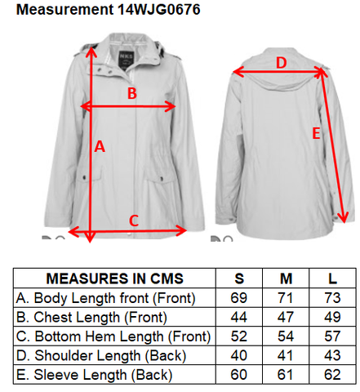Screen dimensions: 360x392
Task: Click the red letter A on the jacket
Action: point(100,146)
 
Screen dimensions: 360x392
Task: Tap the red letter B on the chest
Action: point(132,93)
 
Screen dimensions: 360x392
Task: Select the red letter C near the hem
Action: point(134,220)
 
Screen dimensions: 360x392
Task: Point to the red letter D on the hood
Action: point(282,63)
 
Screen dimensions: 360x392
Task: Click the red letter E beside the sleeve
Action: point(316,134)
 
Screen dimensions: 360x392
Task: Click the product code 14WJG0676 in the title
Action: point(159,9)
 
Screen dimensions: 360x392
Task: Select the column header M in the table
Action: point(286,278)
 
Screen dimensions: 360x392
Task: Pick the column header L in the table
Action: point(332,278)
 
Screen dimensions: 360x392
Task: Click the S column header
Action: point(239,278)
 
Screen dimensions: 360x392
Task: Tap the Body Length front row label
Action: point(105,298)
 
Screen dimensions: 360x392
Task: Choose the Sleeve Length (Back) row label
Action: point(94,375)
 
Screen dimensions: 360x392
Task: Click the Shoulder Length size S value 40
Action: point(239,355)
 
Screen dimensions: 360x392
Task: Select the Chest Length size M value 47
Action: point(286,317)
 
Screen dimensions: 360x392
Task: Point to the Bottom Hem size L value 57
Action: point(332,336)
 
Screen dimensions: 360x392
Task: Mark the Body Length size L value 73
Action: point(332,298)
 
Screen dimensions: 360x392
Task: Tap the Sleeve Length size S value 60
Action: point(239,375)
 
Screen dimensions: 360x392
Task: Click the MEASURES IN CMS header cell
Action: point(114,278)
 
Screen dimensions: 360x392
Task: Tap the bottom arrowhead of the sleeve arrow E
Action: point(344,217)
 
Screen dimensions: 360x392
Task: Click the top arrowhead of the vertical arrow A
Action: point(91,52)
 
